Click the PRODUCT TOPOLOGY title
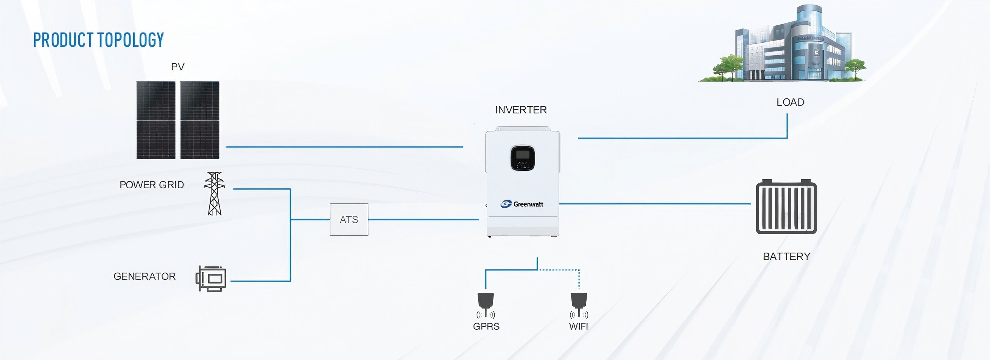(x=98, y=40)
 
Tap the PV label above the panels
(x=177, y=67)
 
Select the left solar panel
(x=156, y=120)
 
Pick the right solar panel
(x=200, y=120)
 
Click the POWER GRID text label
(x=151, y=185)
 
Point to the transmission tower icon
(x=215, y=193)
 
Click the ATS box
(x=349, y=219)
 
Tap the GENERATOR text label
(x=145, y=276)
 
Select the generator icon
(x=211, y=279)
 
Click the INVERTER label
(x=521, y=110)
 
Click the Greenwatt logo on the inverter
(x=522, y=204)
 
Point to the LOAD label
(x=790, y=102)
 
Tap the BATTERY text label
(x=786, y=256)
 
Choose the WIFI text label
(x=578, y=326)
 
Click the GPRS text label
(x=486, y=326)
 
